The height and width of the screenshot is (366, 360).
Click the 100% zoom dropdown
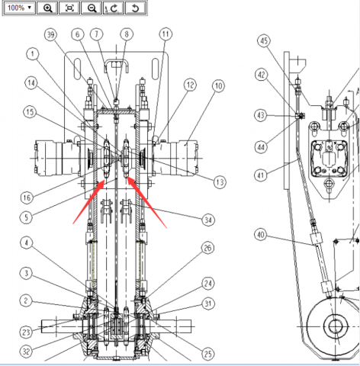(19, 8)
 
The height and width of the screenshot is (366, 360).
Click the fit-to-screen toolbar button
(69, 8)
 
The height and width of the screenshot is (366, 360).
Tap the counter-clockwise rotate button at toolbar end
(136, 8)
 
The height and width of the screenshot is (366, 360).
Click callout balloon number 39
(50, 34)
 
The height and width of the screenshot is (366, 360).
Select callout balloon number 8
(127, 34)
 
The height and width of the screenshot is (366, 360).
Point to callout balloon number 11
(166, 34)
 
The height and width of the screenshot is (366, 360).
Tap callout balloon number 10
(218, 86)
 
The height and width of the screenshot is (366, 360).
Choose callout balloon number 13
(220, 182)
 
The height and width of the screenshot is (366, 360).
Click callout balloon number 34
(208, 220)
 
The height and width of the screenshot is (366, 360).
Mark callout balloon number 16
(27, 197)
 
